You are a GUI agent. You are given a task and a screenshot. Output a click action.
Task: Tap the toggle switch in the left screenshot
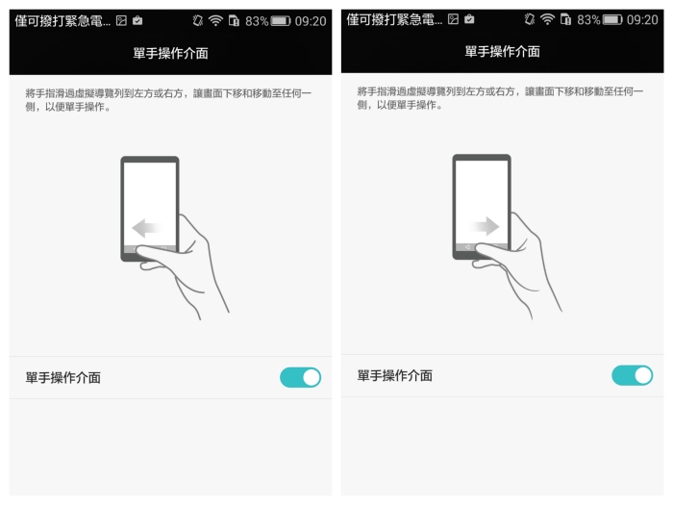coord(300,377)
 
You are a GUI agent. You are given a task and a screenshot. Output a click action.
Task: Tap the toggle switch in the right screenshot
coord(633,375)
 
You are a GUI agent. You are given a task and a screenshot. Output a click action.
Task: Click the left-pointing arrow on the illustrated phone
coord(147,228)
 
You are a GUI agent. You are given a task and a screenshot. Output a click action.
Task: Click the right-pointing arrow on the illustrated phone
coord(485,226)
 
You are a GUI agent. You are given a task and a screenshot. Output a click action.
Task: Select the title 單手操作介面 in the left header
coord(170,53)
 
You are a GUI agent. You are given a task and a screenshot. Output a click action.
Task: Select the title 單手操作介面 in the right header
coord(502,52)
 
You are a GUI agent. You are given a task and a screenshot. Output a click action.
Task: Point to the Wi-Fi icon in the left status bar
coord(215,20)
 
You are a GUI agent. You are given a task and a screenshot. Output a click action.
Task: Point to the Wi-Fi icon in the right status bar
coord(547,19)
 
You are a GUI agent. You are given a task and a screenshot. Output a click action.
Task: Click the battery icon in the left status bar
coord(281,20)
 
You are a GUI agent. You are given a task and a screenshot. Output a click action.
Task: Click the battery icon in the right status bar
coord(612,19)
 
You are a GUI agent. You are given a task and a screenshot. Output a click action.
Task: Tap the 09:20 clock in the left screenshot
coord(311,21)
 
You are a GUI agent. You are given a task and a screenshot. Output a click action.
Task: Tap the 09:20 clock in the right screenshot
coord(642,20)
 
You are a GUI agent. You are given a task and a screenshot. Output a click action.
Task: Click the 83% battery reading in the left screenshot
coord(257,21)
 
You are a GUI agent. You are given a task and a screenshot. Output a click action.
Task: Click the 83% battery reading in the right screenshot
coord(588,20)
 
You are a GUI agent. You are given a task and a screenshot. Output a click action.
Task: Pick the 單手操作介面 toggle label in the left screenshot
coord(63,378)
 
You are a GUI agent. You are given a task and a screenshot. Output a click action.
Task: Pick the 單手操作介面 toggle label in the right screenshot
coord(395,376)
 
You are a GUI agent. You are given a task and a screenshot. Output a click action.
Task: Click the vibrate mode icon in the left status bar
coord(198,20)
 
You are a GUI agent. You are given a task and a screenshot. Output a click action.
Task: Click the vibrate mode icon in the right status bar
coord(530,19)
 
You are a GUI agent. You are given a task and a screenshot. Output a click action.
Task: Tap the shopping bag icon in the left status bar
coord(137,20)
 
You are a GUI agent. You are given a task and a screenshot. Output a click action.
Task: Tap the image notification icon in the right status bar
coord(453,19)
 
